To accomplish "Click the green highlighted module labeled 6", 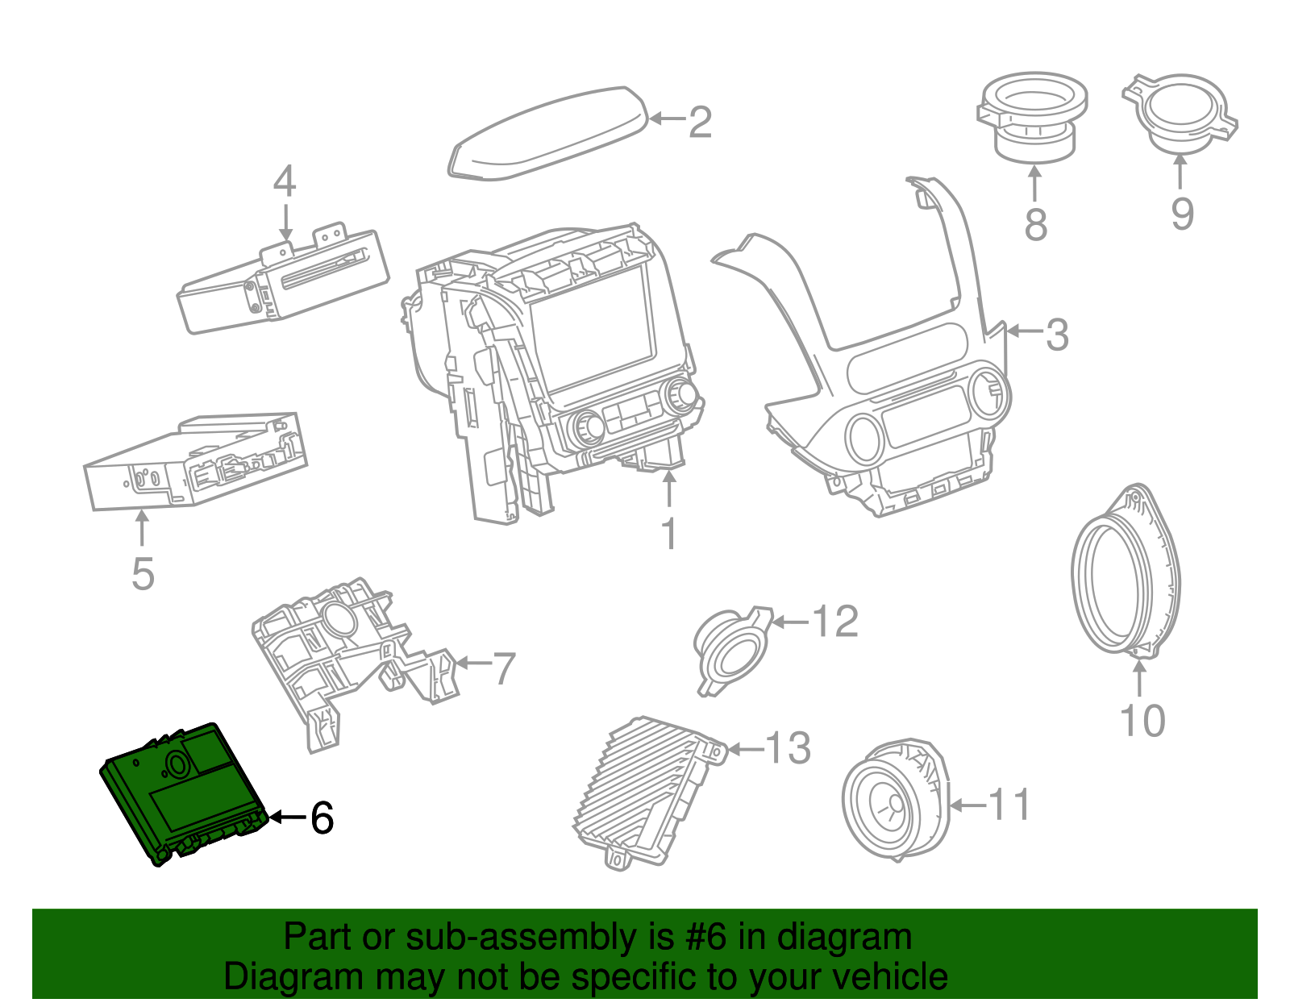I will click(181, 794).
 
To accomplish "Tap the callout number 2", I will click(700, 123).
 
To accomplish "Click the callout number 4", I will click(285, 182).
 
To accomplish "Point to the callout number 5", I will click(143, 574).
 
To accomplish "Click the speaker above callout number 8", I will click(1031, 117).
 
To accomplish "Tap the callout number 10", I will click(1142, 721).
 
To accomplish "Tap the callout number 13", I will click(787, 749).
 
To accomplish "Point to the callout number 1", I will click(669, 535).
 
